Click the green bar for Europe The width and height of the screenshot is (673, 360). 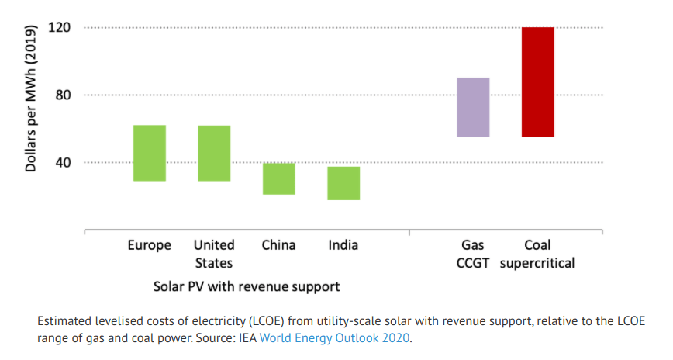[x=150, y=153]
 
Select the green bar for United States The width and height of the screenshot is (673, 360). [x=214, y=153]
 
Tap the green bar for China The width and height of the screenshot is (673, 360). [x=278, y=178]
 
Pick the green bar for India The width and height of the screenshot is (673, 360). [x=343, y=183]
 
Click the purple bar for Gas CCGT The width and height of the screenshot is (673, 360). [x=473, y=107]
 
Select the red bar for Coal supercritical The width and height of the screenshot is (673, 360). [x=538, y=82]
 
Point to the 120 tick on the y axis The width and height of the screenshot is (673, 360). [x=60, y=28]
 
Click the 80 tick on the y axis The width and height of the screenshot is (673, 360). [x=63, y=95]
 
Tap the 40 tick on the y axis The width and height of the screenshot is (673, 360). [x=63, y=163]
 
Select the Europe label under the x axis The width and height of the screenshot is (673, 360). [x=150, y=245]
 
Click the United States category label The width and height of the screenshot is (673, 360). [x=214, y=254]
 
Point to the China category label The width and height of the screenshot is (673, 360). [x=278, y=245]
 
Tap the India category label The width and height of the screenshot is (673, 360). [x=343, y=245]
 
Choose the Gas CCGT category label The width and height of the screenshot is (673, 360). [x=473, y=254]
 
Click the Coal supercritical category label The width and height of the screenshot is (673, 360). [x=537, y=254]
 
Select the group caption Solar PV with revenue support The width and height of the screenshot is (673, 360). [x=246, y=286]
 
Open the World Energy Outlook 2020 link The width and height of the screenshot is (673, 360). [x=334, y=338]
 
